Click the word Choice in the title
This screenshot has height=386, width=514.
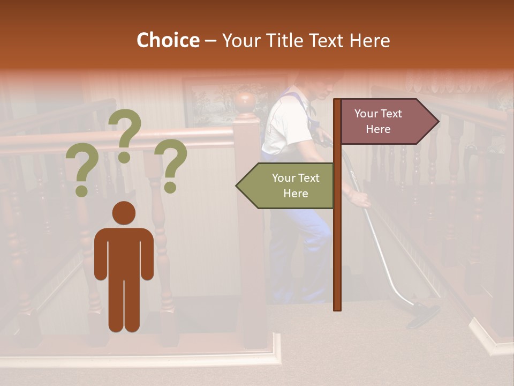168,41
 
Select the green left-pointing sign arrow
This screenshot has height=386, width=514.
286,185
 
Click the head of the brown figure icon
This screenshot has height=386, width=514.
124,213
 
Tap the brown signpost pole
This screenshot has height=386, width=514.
337,241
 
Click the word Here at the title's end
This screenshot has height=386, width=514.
369,41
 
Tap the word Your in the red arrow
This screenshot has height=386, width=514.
366,114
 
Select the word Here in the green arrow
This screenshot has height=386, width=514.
296,194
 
